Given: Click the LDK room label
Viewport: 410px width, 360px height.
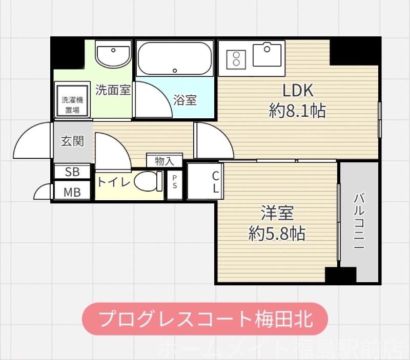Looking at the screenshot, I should (298, 91).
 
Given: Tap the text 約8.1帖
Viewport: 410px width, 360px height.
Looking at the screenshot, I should (298, 111).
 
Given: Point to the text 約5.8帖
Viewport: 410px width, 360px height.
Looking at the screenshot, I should (277, 234).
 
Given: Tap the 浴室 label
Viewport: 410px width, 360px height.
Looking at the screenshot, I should (185, 100).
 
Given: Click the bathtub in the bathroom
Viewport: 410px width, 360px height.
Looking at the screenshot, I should (175, 59).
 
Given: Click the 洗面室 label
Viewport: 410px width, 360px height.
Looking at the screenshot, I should (113, 91).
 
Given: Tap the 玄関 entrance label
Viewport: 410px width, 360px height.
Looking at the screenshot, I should (72, 141).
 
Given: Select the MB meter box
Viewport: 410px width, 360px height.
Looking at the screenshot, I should (72, 193).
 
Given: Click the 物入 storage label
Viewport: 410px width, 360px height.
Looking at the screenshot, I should (165, 160).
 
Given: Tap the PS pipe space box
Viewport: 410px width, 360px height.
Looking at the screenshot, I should (175, 183).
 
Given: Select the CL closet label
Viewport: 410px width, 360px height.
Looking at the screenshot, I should (216, 182).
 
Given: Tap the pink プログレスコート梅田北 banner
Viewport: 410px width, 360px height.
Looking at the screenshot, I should (205, 319).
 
